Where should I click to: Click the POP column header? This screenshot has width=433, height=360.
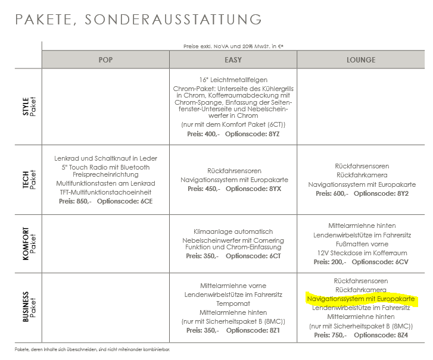pyautogui.click(x=105, y=60)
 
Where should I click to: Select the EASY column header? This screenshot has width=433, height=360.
pyautogui.click(x=233, y=60)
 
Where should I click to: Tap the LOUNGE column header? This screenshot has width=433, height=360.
pyautogui.click(x=361, y=60)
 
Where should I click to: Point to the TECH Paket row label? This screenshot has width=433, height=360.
pyautogui.click(x=29, y=177)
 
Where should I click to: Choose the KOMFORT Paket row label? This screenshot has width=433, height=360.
pyautogui.click(x=29, y=244)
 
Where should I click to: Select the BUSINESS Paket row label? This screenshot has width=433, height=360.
pyautogui.click(x=29, y=308)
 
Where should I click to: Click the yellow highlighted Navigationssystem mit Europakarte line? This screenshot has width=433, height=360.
pyautogui.click(x=360, y=299)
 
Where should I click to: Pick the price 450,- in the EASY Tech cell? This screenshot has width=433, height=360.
pyautogui.click(x=213, y=188)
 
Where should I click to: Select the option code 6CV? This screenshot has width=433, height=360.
pyautogui.click(x=401, y=262)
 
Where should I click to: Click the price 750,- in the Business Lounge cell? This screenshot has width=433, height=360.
pyautogui.click(x=340, y=335)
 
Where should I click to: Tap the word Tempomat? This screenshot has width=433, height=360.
pyautogui.click(x=233, y=303)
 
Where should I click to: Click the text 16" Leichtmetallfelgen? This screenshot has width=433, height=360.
pyautogui.click(x=233, y=79)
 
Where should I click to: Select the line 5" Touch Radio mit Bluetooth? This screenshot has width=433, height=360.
pyautogui.click(x=105, y=167)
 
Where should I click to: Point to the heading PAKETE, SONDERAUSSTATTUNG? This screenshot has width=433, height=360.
pyautogui.click(x=138, y=19)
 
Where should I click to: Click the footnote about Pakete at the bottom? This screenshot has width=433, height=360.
pyautogui.click(x=113, y=349)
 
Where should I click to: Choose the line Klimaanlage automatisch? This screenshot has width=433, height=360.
pyautogui.click(x=233, y=231)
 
